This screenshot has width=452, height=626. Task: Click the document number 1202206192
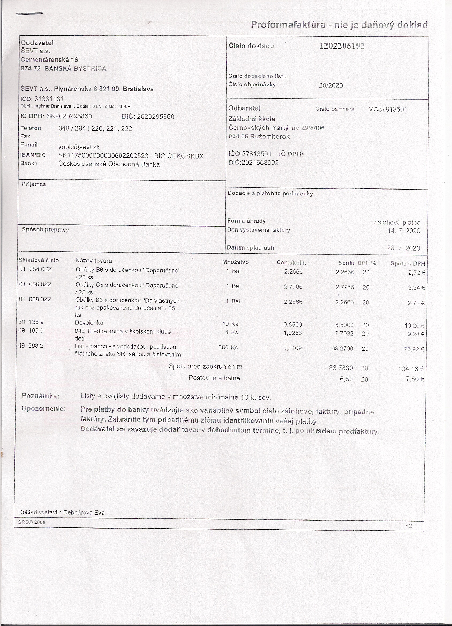pyautogui.click(x=342, y=46)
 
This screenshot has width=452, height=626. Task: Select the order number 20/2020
pyautogui.click(x=331, y=86)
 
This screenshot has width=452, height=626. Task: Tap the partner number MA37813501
pyautogui.click(x=388, y=109)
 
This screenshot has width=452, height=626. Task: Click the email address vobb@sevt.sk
pyautogui.click(x=79, y=147)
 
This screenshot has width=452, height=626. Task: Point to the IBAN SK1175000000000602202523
pyautogui.click(x=104, y=156)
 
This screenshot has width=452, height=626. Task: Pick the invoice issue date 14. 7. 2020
pyautogui.click(x=404, y=231)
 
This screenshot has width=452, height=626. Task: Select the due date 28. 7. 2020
pyautogui.click(x=404, y=248)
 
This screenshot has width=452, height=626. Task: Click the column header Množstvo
pyautogui.click(x=236, y=262)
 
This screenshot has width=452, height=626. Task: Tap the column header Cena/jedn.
pyautogui.click(x=291, y=262)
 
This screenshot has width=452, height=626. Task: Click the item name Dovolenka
pyautogui.click(x=89, y=322)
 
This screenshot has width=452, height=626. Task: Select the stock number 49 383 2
pyautogui.click(x=31, y=346)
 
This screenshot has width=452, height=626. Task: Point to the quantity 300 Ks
pyautogui.click(x=228, y=348)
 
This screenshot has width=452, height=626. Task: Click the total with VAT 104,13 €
pyautogui.click(x=411, y=368)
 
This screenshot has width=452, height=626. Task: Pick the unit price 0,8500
pyautogui.click(x=293, y=325)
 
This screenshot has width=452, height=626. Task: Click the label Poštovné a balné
pyautogui.click(x=214, y=378)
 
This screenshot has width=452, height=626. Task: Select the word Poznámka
pyautogui.click(x=41, y=396)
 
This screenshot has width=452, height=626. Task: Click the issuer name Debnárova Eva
pyautogui.click(x=84, y=512)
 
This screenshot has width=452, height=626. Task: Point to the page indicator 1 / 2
pyautogui.click(x=407, y=526)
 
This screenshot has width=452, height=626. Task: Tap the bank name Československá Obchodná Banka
pyautogui.click(x=109, y=164)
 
